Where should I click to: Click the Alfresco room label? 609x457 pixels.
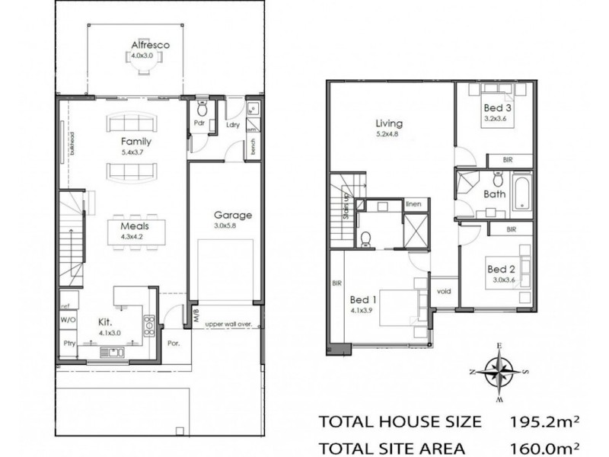(149, 45)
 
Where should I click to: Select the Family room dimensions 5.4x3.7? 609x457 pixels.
(136, 152)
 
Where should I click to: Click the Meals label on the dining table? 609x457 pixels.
(133, 226)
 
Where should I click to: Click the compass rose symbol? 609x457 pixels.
(498, 372)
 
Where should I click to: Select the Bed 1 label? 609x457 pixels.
(362, 299)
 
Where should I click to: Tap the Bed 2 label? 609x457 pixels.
(502, 269)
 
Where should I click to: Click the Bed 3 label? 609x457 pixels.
(498, 108)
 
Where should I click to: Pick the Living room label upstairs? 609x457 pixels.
(388, 123)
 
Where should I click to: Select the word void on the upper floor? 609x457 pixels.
(443, 290)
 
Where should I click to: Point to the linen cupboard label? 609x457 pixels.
(413, 203)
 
